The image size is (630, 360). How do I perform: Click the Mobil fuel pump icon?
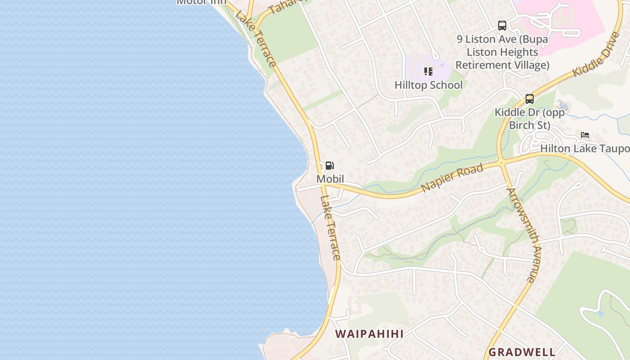tap(330, 166)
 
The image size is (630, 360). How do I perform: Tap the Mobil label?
tap(330, 179)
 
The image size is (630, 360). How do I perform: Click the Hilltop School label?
tap(428, 85)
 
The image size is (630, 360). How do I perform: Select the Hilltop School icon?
tap(428, 72)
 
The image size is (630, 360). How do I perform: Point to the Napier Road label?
tap(452, 177)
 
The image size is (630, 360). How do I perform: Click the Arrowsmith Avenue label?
tap(522, 235)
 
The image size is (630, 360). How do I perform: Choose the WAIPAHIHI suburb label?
tap(369, 334)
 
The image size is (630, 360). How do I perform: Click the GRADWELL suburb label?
tap(522, 352)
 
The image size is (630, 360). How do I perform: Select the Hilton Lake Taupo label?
tap(585, 148)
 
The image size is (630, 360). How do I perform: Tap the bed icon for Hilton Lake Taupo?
tap(585, 135)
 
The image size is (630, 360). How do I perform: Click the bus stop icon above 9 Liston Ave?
tap(502, 26)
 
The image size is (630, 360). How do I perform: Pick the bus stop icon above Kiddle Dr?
tap(530, 99)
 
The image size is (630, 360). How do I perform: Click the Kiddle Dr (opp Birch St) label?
tap(530, 118)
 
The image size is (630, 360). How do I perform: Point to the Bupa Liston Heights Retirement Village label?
tap(502, 52)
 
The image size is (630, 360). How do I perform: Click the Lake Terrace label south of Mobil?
tap(331, 228)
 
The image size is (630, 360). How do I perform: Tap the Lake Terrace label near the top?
tap(256, 39)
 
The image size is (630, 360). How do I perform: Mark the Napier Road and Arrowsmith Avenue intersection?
tap(501, 163)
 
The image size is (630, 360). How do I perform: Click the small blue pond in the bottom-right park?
tap(600, 313)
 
